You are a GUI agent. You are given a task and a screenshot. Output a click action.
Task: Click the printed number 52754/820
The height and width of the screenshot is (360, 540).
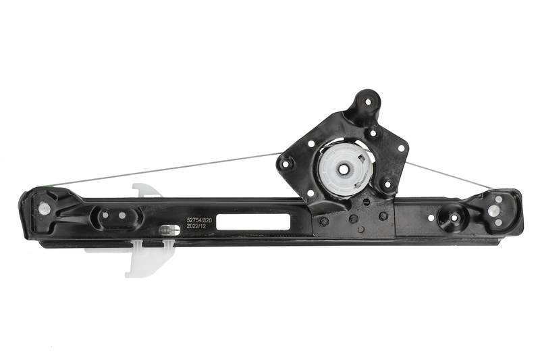(x=198, y=220)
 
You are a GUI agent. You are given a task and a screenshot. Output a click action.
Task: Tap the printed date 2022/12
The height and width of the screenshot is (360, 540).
(x=196, y=226)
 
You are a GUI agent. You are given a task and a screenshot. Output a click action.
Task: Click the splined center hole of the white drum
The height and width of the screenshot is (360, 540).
(x=344, y=169)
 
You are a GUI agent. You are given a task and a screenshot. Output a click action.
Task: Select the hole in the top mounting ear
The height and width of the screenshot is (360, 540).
(x=368, y=101)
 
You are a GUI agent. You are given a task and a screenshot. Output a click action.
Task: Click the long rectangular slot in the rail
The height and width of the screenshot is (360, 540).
(x=252, y=222)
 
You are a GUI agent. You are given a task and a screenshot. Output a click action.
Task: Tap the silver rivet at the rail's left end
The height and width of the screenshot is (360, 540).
(x=43, y=207)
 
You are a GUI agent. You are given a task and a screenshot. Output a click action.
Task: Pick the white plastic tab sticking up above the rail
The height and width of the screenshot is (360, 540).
(x=146, y=190)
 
